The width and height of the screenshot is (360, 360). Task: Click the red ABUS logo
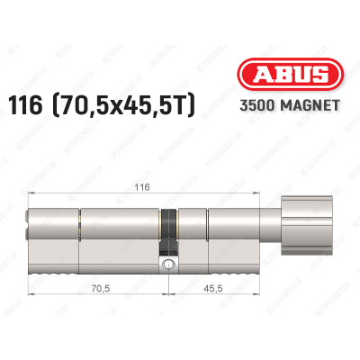coord(291,75)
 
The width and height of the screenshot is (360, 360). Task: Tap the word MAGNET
coord(310,105)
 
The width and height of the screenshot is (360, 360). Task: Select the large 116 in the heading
coord(25,105)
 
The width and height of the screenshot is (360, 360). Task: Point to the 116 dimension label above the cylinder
coord(142,187)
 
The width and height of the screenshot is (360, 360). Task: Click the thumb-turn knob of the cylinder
coord(307,226)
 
